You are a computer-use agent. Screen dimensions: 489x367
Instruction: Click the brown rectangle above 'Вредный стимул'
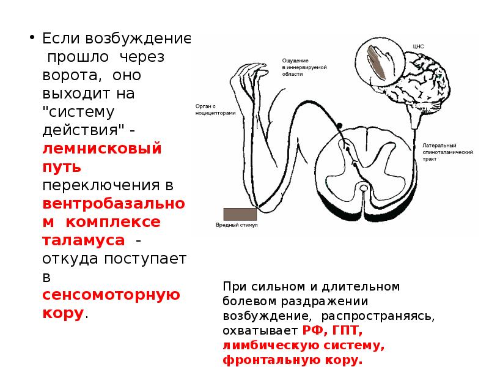(x=240, y=213)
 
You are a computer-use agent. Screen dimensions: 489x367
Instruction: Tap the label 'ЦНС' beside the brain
(x=419, y=46)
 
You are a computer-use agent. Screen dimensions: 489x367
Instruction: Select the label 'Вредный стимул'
(x=237, y=225)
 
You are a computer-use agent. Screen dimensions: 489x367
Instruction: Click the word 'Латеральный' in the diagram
(x=438, y=145)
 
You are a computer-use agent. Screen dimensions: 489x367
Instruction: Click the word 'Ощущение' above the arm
(x=295, y=60)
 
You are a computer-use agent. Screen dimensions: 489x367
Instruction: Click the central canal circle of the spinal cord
(x=364, y=187)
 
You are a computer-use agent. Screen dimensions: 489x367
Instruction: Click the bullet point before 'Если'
(x=30, y=38)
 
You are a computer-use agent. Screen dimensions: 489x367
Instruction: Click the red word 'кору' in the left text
(x=63, y=313)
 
